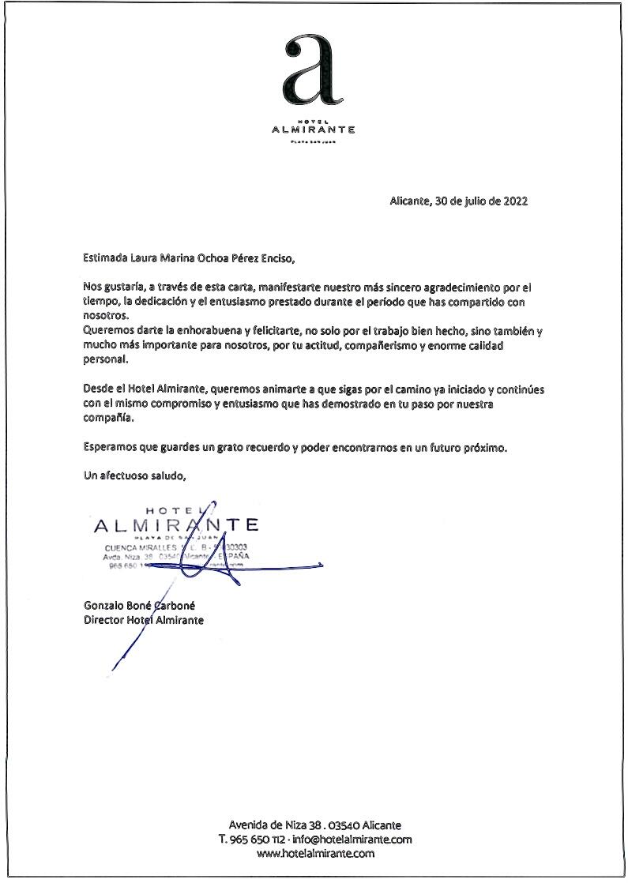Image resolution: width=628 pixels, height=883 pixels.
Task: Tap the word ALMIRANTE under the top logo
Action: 314,130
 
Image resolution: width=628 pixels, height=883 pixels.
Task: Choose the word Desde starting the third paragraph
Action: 99,390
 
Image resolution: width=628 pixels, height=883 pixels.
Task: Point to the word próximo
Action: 482,448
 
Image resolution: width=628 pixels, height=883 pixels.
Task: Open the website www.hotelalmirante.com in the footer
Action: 315,853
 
